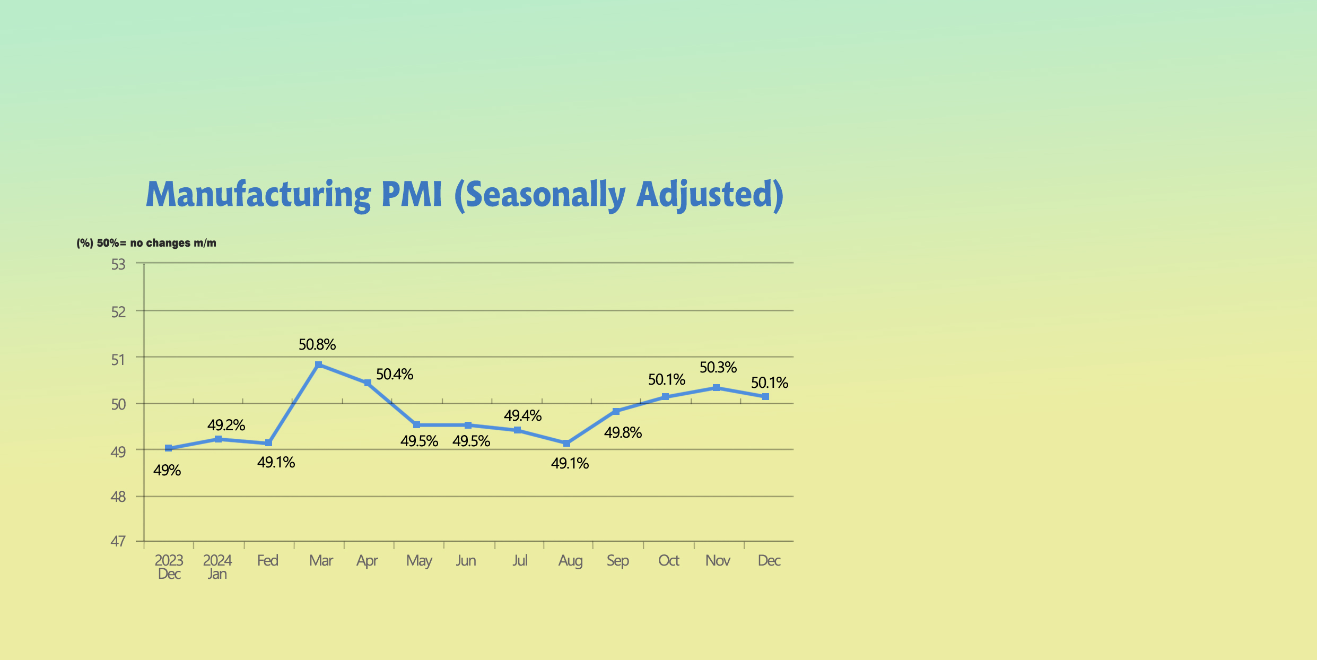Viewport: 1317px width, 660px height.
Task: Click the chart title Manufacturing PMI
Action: click(x=464, y=195)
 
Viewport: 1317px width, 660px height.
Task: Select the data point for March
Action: click(x=318, y=365)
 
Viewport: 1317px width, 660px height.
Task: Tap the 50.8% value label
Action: click(x=317, y=345)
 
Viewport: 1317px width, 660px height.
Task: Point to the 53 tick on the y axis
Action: click(x=118, y=264)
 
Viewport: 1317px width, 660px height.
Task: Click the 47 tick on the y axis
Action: click(x=118, y=541)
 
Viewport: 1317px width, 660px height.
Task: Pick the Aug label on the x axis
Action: click(x=570, y=561)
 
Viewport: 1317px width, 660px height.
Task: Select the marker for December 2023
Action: click(x=169, y=448)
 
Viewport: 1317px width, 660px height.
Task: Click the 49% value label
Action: click(x=167, y=471)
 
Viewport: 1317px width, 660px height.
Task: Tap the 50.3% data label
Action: click(x=718, y=368)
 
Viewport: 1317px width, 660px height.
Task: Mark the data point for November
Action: click(x=716, y=388)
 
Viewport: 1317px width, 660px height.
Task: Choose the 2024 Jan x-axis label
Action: click(x=217, y=567)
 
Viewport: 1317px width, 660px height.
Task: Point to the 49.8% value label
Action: click(x=623, y=433)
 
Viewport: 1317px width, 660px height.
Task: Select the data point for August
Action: click(x=566, y=444)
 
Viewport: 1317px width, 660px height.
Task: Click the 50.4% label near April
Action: click(x=395, y=375)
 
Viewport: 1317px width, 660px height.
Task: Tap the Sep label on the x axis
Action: click(x=618, y=561)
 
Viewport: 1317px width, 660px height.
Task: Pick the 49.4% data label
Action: click(x=522, y=416)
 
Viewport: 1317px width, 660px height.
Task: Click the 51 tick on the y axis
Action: click(x=118, y=360)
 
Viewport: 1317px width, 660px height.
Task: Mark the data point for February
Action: click(x=268, y=443)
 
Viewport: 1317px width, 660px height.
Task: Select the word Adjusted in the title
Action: click(x=710, y=195)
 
